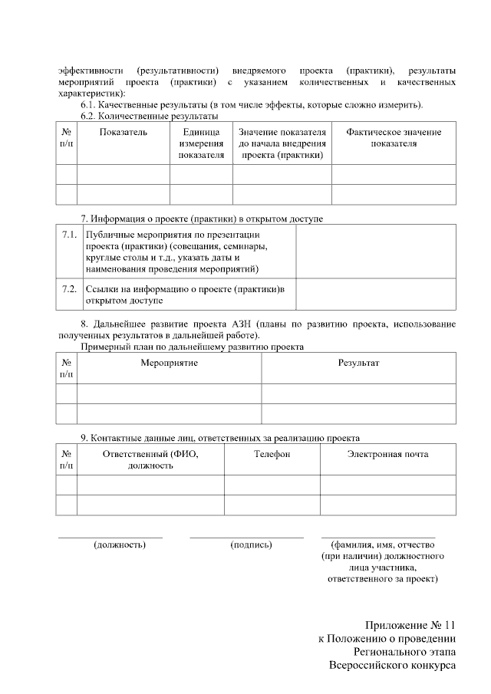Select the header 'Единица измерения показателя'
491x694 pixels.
coord(201,143)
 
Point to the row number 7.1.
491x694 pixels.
coord(69,235)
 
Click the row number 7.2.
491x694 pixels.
coord(69,288)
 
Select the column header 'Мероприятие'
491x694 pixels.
coord(169,362)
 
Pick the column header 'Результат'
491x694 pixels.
coord(359,362)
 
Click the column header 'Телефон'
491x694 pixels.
coord(272,454)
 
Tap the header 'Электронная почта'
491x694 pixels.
coord(387,454)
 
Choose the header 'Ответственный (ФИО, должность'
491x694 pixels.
coord(150,459)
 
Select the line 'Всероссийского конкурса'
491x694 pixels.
coord(393,665)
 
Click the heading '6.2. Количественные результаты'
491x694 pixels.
coord(149,116)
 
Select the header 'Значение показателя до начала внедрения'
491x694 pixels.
coord(282,143)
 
